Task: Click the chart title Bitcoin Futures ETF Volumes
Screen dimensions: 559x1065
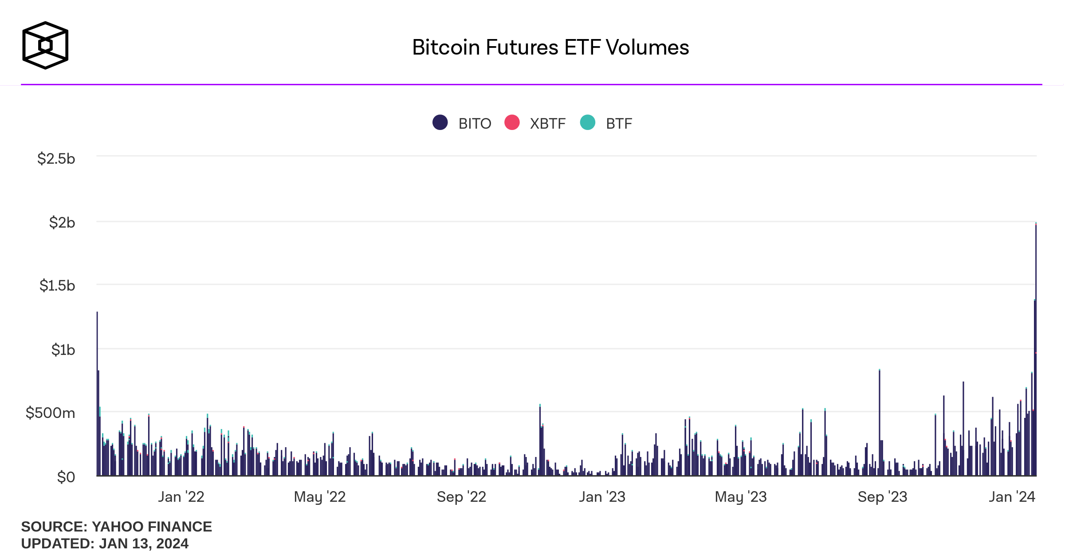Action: tap(550, 47)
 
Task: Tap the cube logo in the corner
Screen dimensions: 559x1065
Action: tap(45, 45)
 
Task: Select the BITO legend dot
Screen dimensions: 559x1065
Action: tap(440, 122)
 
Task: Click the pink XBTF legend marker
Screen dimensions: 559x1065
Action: tap(512, 122)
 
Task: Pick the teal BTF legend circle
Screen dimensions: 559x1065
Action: tap(588, 122)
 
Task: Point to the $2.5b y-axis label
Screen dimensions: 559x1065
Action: tap(56, 159)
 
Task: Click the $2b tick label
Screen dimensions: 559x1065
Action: tap(62, 222)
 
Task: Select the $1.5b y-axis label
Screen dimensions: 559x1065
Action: tap(57, 286)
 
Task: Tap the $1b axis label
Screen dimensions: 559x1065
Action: tap(63, 350)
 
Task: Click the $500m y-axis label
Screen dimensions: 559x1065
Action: tap(51, 413)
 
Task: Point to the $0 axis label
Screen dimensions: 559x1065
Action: tap(66, 477)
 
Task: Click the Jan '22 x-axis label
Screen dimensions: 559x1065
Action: tap(181, 497)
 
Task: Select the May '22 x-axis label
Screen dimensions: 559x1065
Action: tap(319, 497)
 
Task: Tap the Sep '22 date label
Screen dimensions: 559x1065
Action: tap(461, 497)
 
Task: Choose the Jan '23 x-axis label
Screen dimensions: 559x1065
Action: tap(602, 497)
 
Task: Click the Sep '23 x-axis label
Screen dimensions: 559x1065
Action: tap(882, 497)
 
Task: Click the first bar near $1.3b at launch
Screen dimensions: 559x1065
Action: tap(97, 395)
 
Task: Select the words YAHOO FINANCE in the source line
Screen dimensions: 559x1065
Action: tap(152, 527)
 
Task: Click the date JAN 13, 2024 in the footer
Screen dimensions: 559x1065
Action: tap(144, 543)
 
